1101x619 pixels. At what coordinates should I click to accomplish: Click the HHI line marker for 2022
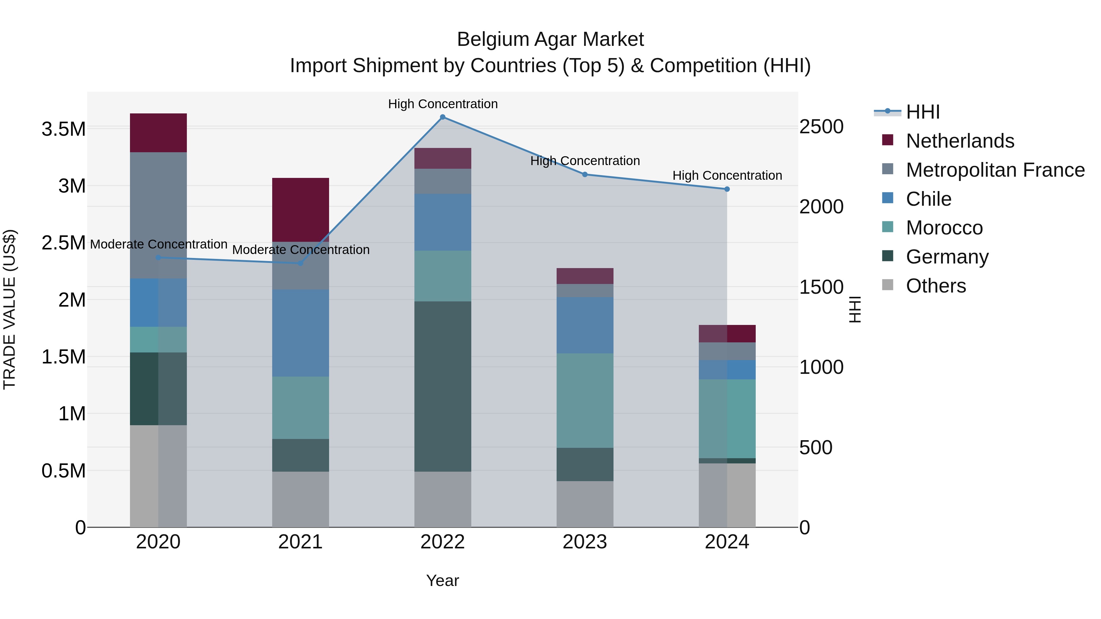tap(443, 117)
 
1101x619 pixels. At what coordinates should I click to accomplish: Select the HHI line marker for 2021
tap(300, 263)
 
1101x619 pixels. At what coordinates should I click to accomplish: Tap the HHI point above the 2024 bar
tap(727, 189)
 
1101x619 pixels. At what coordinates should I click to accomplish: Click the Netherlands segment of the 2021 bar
tap(300, 209)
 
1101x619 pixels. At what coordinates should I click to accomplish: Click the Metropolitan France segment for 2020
tap(158, 215)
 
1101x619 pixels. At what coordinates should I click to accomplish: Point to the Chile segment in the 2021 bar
tap(300, 333)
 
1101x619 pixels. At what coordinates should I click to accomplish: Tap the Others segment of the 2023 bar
tap(585, 504)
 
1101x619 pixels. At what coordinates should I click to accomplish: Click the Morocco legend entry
tap(944, 228)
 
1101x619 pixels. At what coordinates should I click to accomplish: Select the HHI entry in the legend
tap(922, 112)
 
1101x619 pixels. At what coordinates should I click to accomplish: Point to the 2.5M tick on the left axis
tap(63, 243)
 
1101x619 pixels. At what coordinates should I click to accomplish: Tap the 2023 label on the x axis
tap(585, 542)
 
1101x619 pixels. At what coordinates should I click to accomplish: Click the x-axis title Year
tap(442, 580)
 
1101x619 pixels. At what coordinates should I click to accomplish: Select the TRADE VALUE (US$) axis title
tap(9, 309)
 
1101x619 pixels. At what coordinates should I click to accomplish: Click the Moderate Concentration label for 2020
tap(158, 244)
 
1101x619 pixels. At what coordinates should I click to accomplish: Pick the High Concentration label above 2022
tap(443, 104)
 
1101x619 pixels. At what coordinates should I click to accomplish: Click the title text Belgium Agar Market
tap(550, 39)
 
